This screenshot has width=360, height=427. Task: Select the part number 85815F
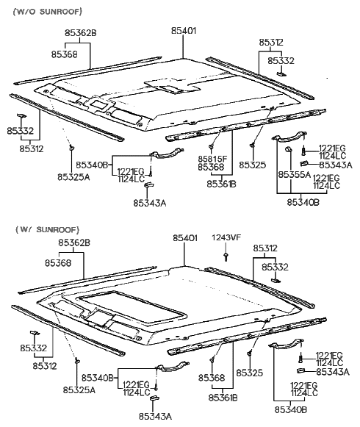click(x=212, y=158)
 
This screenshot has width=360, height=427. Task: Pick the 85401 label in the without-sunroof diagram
click(x=184, y=31)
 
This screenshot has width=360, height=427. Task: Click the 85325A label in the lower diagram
click(x=79, y=390)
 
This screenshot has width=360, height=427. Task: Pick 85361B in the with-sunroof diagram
click(x=222, y=398)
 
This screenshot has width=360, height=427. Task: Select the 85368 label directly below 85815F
click(x=212, y=168)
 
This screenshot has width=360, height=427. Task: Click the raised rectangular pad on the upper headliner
click(x=168, y=86)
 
